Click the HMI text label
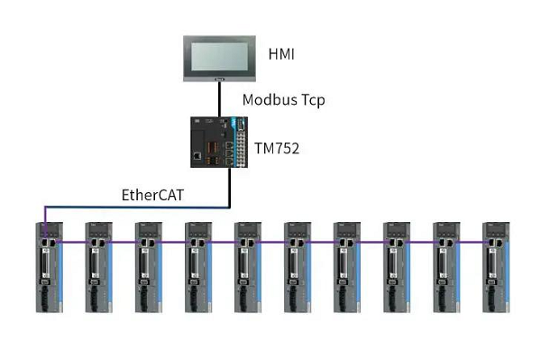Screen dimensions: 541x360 click(281, 54)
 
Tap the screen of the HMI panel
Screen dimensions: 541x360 click(220, 57)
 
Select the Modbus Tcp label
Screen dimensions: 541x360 click(284, 100)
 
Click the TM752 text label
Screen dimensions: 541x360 click(277, 148)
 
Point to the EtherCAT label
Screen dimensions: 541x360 click(152, 195)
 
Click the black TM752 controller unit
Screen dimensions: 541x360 click(219, 143)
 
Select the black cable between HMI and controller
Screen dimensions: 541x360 click(219, 99)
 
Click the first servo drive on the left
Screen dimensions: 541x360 click(50, 267)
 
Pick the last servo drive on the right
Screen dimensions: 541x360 click(496, 267)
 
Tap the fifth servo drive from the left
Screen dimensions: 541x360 click(248, 267)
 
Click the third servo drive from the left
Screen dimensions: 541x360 click(149, 267)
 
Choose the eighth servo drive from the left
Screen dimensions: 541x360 click(397, 267)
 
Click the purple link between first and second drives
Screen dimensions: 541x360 click(73, 242)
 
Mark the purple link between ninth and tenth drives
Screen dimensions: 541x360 click(470, 242)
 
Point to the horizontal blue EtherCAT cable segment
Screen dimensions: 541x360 click(137, 208)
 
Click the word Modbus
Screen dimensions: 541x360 click(270, 99)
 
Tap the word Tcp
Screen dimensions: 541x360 click(314, 100)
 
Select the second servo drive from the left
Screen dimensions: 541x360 click(99, 267)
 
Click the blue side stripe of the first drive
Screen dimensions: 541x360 click(60, 272)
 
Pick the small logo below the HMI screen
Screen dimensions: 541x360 click(219, 79)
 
